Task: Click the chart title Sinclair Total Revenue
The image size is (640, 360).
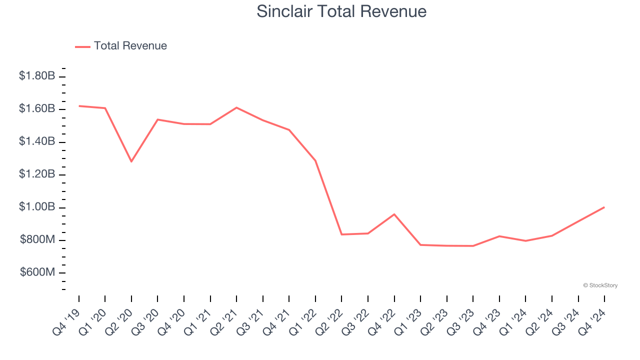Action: pos(341,11)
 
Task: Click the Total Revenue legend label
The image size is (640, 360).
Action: pos(130,46)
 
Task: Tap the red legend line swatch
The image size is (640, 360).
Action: pos(82,46)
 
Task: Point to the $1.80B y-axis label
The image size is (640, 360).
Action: pos(37,76)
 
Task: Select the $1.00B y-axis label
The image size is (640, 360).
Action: pos(37,207)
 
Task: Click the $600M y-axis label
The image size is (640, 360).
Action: pos(37,272)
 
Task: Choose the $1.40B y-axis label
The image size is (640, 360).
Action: pos(37,141)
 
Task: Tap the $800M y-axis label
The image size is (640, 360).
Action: pos(37,240)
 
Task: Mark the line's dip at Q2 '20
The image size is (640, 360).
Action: pos(131,161)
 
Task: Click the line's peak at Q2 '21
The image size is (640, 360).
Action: pos(236,107)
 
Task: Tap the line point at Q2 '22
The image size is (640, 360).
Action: pos(341,234)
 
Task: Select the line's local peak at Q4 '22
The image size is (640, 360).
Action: pos(394,214)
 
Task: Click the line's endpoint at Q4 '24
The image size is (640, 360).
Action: pos(604,207)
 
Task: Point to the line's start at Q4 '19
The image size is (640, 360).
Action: pos(79,106)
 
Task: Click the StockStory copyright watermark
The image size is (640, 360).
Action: pos(600,285)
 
